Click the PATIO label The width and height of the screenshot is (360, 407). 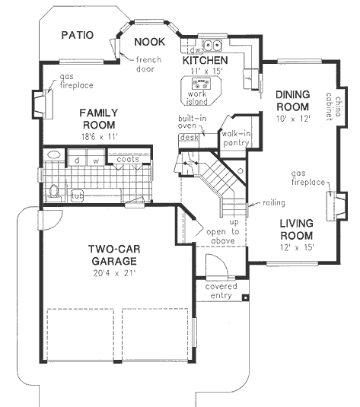pos(77,34)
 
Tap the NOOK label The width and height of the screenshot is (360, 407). pos(147,41)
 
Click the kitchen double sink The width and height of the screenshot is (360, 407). pos(211,43)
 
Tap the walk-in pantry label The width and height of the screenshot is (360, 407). pos(236,137)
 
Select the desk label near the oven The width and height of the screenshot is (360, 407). pos(186,138)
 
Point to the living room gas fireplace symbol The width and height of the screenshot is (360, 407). pos(330,206)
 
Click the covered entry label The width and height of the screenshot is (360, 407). pos(221,292)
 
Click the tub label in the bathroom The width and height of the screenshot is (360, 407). pos(77,196)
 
